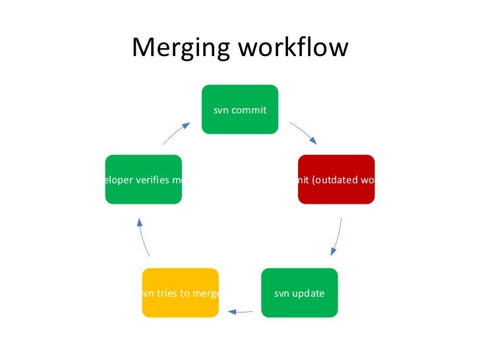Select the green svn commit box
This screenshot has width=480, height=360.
pyautogui.click(x=239, y=109)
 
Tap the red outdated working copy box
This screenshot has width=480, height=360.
pyautogui.click(x=336, y=179)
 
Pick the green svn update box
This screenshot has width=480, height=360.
pyautogui.click(x=299, y=293)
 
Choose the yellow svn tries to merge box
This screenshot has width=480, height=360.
pyautogui.click(x=181, y=293)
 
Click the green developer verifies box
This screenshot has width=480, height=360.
pyautogui.click(x=143, y=179)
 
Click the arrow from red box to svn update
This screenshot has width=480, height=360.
pyautogui.click(x=337, y=236)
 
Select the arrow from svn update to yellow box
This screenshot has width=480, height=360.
pyautogui.click(x=240, y=311)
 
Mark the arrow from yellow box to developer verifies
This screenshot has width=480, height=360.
pyautogui.click(x=144, y=237)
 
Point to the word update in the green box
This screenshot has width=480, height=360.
pyautogui.click(x=309, y=293)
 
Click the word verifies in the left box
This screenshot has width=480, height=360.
pyautogui.click(x=152, y=180)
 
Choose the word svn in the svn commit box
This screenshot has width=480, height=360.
pyautogui.click(x=220, y=110)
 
